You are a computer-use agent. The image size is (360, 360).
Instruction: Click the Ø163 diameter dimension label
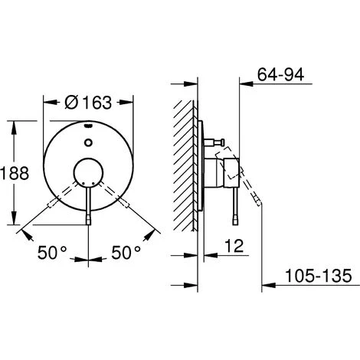88,103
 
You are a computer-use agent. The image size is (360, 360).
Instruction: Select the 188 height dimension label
15,173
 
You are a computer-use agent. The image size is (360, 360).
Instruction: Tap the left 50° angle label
52,253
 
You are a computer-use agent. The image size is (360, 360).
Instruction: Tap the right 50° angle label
126,253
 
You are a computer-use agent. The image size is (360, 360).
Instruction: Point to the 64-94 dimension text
280,74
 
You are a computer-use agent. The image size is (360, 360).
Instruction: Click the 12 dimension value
234,246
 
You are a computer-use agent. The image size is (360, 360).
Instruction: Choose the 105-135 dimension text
318,276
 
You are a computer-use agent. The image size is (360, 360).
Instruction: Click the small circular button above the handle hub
88,142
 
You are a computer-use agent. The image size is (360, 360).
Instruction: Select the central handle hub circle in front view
88,173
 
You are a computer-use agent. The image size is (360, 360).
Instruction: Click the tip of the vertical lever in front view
88,224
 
